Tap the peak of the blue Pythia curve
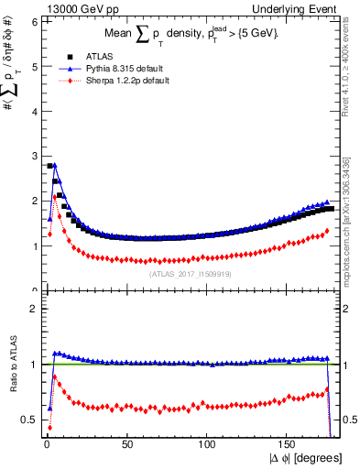click(x=54, y=165)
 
